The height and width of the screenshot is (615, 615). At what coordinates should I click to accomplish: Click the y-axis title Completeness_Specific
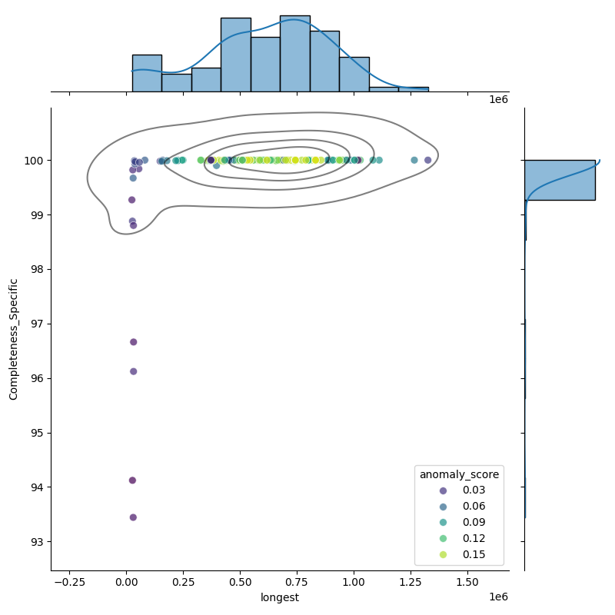pyautogui.click(x=13, y=339)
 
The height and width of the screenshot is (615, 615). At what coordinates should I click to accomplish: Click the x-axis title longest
pyautogui.click(x=280, y=597)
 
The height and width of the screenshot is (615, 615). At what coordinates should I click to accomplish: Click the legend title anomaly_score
pyautogui.click(x=459, y=474)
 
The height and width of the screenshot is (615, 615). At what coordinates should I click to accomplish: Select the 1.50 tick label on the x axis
pyautogui.click(x=467, y=582)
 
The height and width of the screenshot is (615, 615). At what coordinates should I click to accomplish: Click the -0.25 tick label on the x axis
pyautogui.click(x=69, y=582)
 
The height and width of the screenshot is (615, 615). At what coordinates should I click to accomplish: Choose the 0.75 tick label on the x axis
pyautogui.click(x=297, y=582)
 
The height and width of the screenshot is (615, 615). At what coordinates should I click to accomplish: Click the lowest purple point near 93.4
pyautogui.click(x=133, y=517)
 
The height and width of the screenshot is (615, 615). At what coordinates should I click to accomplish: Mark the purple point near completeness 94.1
pyautogui.click(x=132, y=480)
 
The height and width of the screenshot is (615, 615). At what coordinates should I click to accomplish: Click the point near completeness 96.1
pyautogui.click(x=133, y=371)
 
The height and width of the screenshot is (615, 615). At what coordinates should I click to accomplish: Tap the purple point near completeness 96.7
pyautogui.click(x=133, y=342)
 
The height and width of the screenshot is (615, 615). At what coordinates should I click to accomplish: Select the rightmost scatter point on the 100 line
pyautogui.click(x=428, y=160)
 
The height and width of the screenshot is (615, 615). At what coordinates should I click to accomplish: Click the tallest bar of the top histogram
pyautogui.click(x=295, y=53)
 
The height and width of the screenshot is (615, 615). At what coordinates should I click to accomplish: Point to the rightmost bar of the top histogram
pyautogui.click(x=414, y=89)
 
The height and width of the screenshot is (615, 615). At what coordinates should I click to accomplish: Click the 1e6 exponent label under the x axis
pyautogui.click(x=498, y=597)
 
